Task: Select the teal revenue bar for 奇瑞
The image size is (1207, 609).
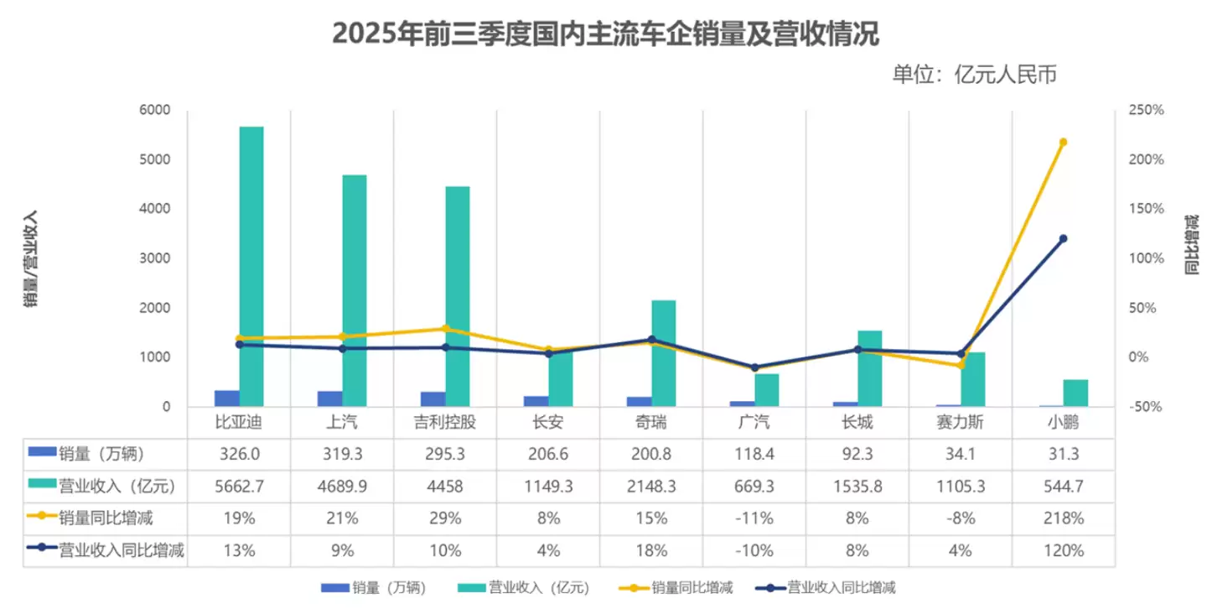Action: click(663, 353)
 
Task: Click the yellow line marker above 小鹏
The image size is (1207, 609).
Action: click(1063, 143)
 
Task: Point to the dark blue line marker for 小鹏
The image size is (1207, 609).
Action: click(1063, 239)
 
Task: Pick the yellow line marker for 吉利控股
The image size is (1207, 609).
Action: click(446, 329)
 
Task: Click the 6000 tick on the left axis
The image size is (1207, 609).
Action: click(154, 111)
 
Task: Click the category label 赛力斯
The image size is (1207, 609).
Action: click(960, 423)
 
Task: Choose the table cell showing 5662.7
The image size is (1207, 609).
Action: click(239, 487)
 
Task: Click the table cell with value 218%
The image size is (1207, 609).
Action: click(1063, 518)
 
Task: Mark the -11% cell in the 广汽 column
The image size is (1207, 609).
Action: click(754, 518)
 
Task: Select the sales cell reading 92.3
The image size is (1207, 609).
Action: click(857, 454)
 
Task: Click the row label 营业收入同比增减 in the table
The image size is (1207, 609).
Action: click(121, 550)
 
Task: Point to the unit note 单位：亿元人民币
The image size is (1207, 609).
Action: click(974, 75)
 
